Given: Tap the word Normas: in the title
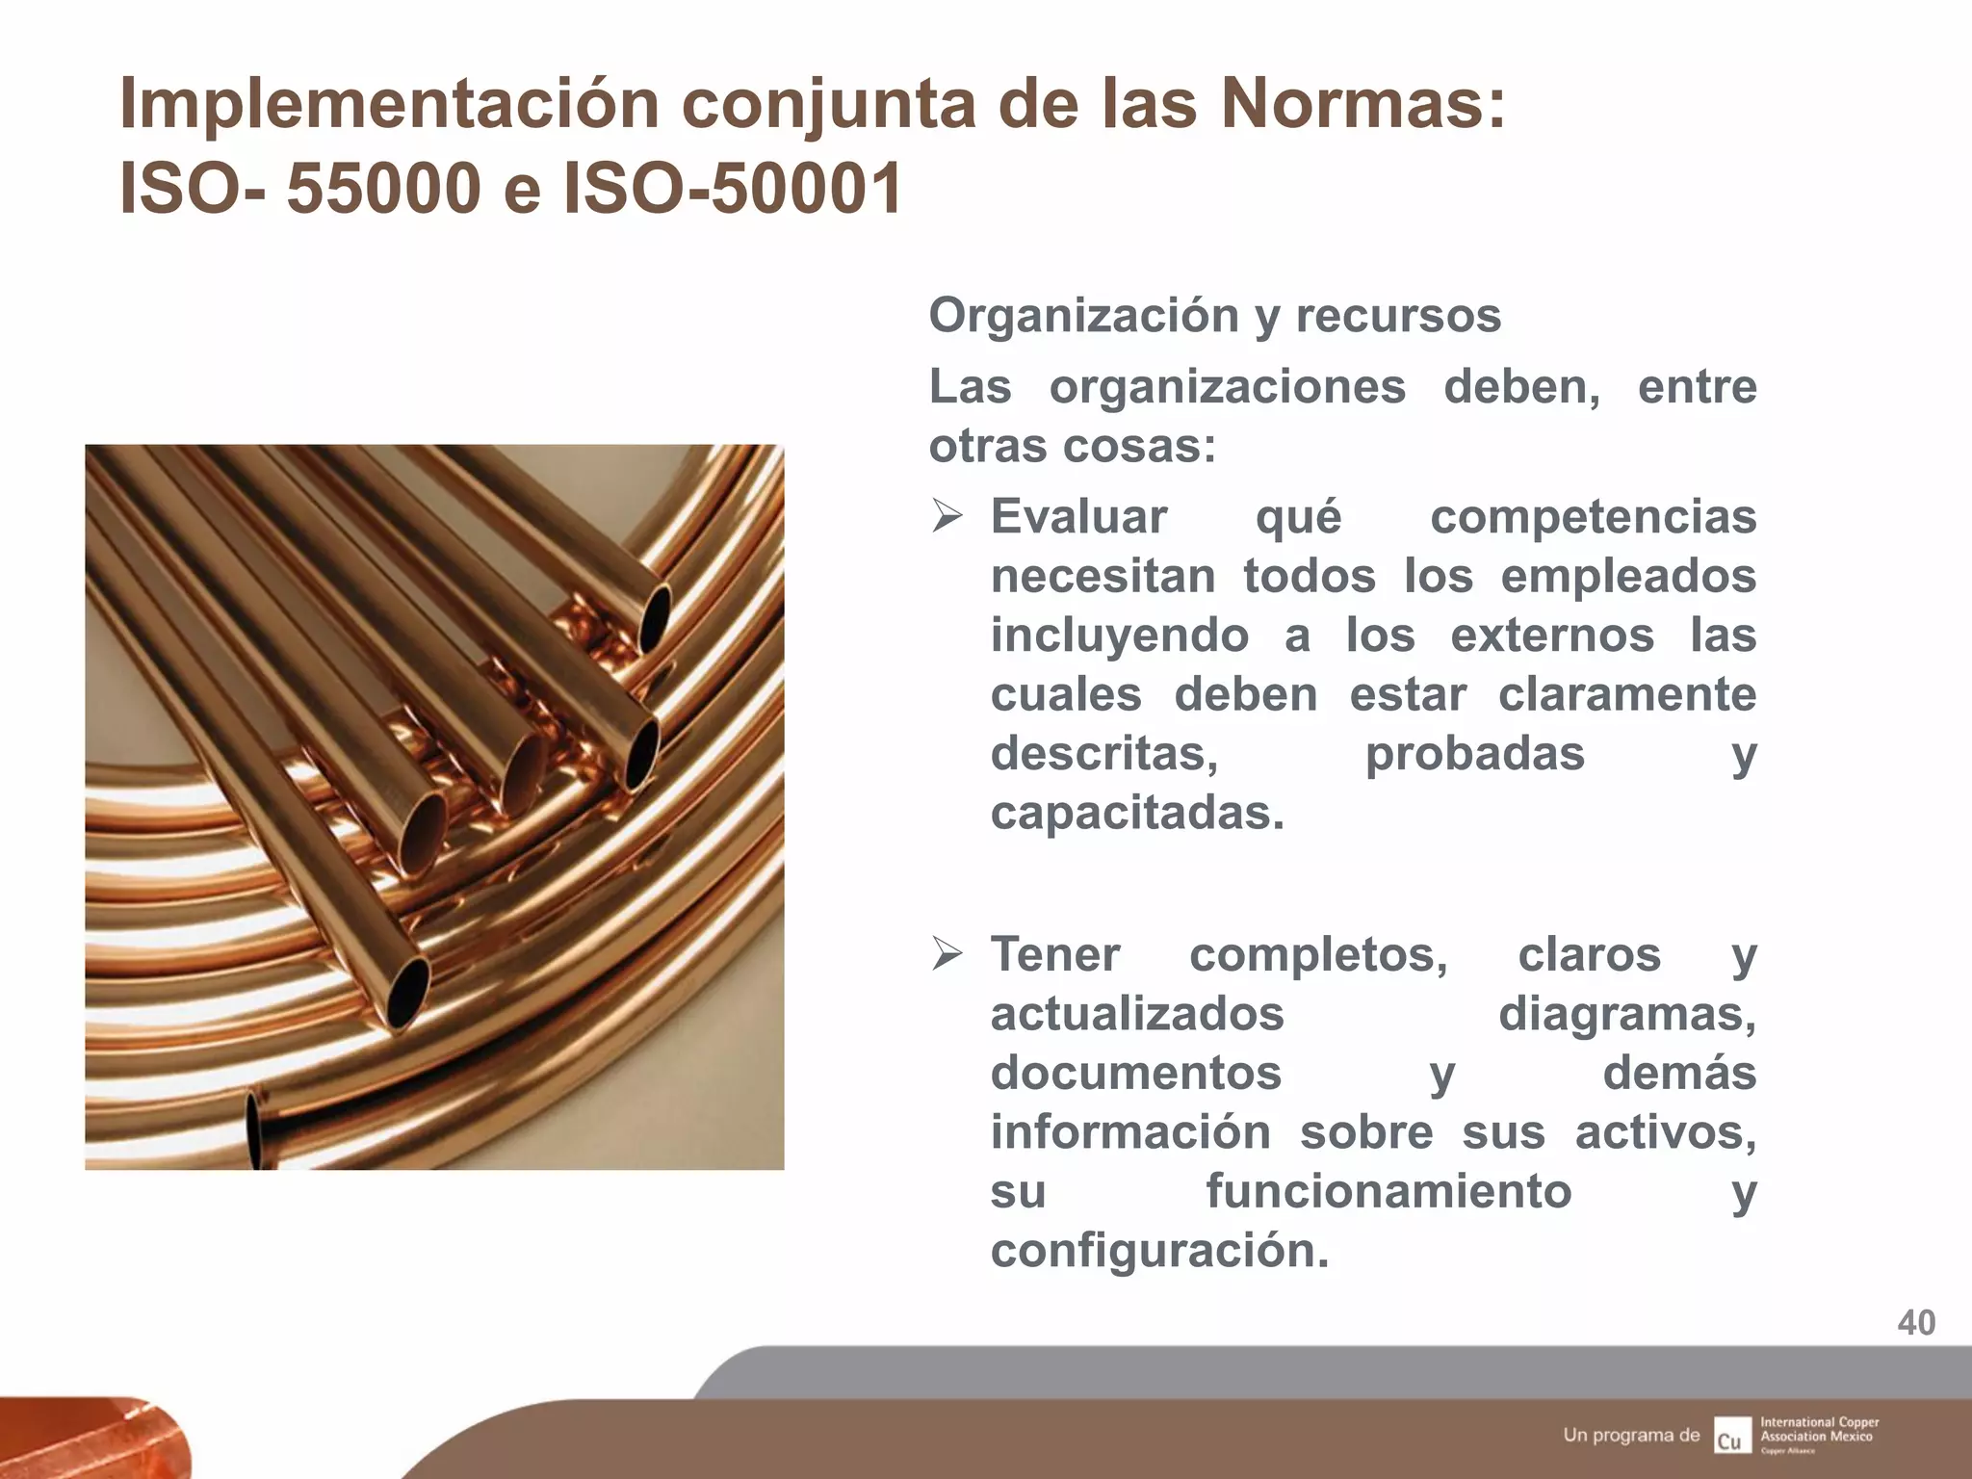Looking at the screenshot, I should [x=1362, y=104].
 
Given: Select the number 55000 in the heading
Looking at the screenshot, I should [x=383, y=188].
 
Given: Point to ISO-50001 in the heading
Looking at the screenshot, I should [x=732, y=188].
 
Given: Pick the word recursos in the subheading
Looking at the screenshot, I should [x=1398, y=317].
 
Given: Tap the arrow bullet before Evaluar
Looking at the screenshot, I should [x=947, y=517].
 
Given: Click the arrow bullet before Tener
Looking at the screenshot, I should [x=947, y=954].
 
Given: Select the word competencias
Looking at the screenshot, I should [x=1593, y=518].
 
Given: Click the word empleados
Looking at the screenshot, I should [x=1628, y=577].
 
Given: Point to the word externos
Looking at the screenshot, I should [x=1552, y=636].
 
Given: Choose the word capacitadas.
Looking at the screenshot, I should [x=1136, y=814].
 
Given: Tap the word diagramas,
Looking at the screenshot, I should [x=1626, y=1015].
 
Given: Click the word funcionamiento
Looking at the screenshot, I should [x=1388, y=1192].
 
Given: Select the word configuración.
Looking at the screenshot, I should [x=1158, y=1252].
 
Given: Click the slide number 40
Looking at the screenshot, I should [x=1916, y=1323].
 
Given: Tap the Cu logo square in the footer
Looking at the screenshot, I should [x=1731, y=1435].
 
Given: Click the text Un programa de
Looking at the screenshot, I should [x=1631, y=1435].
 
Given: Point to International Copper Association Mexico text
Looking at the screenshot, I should [x=1819, y=1429].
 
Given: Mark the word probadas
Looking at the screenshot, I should [x=1474, y=754].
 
